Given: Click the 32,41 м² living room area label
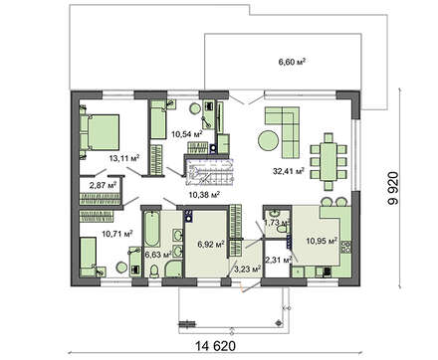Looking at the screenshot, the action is click(x=289, y=171).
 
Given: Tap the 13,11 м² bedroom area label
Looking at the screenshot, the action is click(x=124, y=158).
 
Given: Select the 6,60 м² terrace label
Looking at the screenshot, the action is click(x=292, y=62).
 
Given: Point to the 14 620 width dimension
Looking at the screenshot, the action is click(x=215, y=346).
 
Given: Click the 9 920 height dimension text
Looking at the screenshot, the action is click(x=394, y=188).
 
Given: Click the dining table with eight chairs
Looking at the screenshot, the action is click(x=328, y=161).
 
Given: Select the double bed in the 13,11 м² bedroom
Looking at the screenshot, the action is click(x=100, y=132).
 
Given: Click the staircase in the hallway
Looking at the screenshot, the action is click(x=210, y=173).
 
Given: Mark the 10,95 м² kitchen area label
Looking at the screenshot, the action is click(x=322, y=241).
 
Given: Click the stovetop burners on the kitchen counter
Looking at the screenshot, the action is click(x=346, y=248).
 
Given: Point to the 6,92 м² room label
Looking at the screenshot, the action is click(x=211, y=245).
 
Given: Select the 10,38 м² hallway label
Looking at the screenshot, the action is click(x=204, y=195).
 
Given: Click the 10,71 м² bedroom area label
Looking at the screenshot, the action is click(x=117, y=234).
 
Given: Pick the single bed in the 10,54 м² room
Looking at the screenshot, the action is click(x=158, y=120).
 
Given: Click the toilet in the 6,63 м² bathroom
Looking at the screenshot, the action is click(x=154, y=270).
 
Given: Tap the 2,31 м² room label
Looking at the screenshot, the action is click(x=278, y=260).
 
